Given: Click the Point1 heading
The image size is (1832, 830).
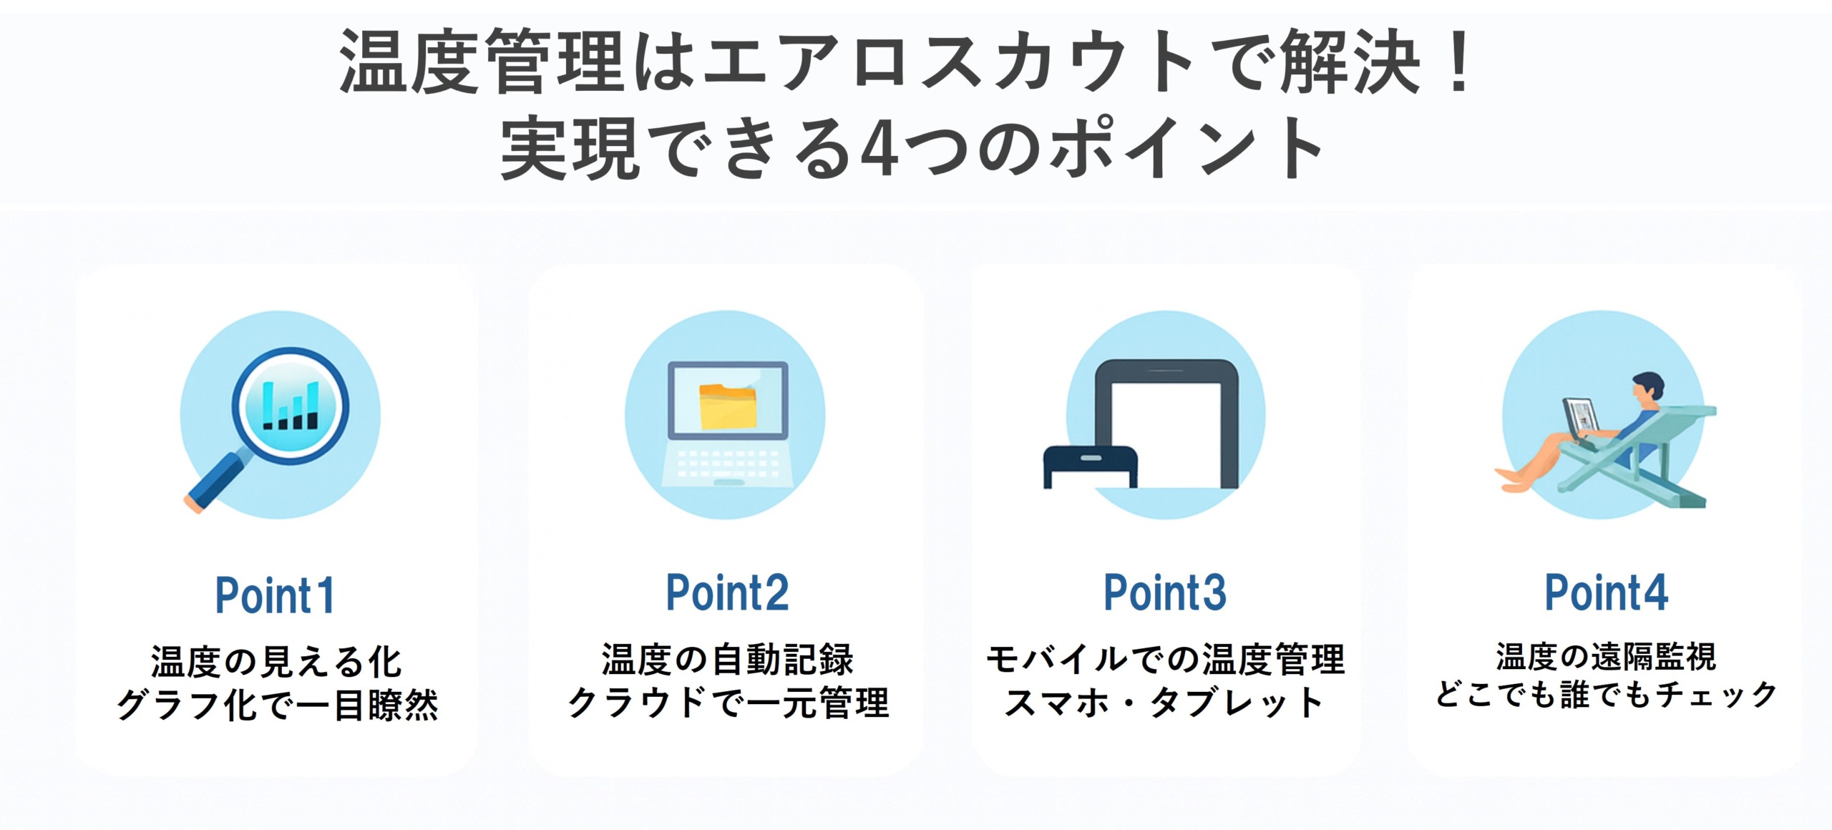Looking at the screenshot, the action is pos(275,595).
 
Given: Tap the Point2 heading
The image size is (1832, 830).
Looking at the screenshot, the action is pos(727,592).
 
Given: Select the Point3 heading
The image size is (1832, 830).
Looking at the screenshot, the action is pos(1165,592).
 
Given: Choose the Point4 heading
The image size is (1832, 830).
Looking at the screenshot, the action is pos(1606,592).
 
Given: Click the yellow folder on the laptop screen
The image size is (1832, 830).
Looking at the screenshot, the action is pos(728,406).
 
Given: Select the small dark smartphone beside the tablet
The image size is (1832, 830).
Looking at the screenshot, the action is pos(1090,467).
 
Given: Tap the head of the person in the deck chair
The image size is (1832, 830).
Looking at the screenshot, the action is pos(1647,389).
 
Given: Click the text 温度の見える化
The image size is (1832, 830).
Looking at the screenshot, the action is pos(276,661).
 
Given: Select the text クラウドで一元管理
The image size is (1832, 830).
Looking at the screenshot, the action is pos(728,703).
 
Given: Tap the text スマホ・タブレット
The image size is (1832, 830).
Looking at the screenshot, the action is pos(1165,703).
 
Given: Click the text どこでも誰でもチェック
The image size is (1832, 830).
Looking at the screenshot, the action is pos(1606,694).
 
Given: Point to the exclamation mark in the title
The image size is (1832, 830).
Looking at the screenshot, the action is pos(1458,62).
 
